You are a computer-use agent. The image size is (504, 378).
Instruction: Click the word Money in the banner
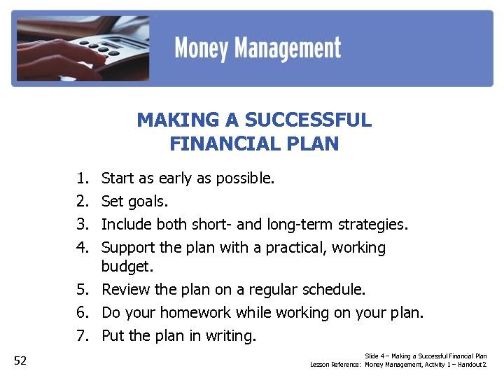tap(200, 48)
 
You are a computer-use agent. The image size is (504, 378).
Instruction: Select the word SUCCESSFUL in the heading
tap(308, 120)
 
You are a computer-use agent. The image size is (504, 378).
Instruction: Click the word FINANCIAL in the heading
tap(217, 144)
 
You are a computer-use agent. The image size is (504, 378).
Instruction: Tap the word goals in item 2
tap(146, 202)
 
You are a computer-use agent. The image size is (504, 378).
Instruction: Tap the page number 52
tap(20, 360)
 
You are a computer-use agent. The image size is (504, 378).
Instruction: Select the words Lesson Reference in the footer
tap(335, 365)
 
